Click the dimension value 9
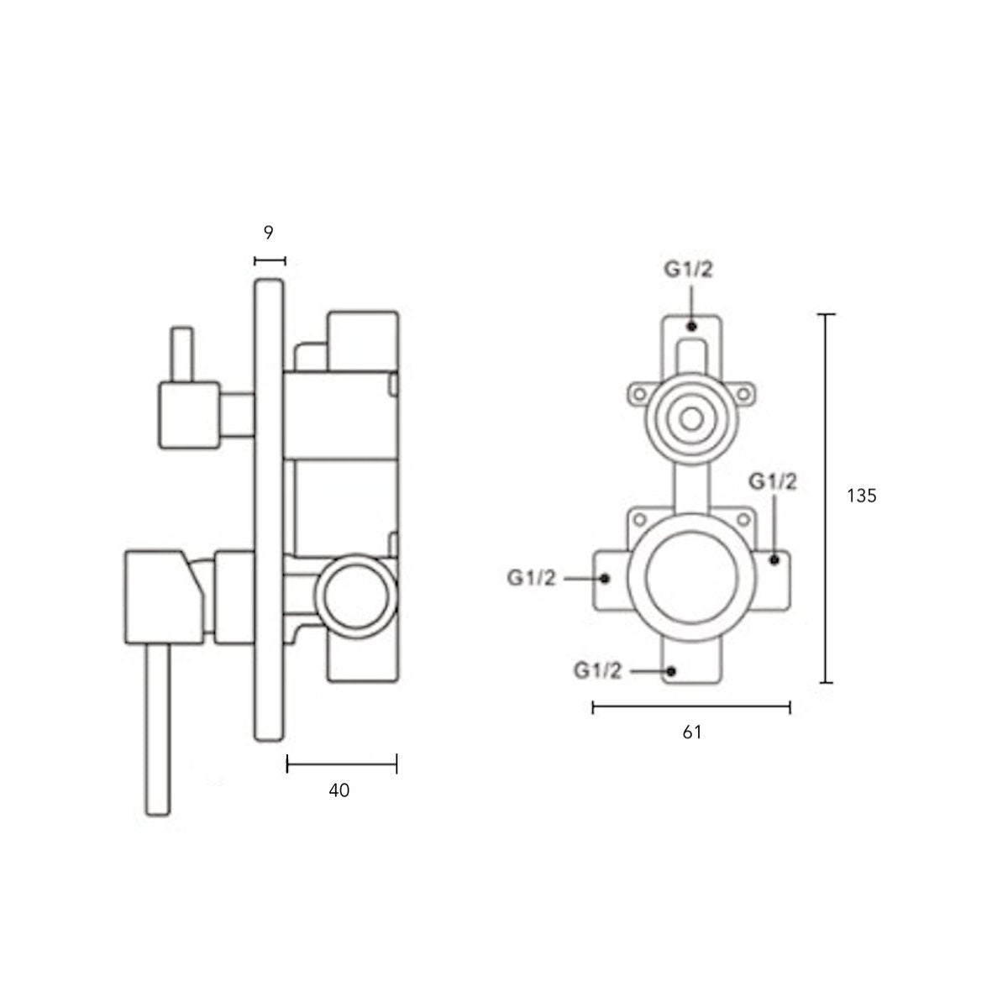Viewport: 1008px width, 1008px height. tap(268, 232)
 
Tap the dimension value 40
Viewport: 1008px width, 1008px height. tap(339, 790)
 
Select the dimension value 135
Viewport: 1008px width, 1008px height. tap(862, 496)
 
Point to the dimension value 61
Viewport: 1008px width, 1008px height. tap(691, 732)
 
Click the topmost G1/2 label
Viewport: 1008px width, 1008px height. tap(689, 270)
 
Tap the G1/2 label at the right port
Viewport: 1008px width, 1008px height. tap(773, 482)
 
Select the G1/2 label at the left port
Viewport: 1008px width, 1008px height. tap(531, 578)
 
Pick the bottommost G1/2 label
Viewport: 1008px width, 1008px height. tap(598, 670)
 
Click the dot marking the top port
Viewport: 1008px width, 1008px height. tap(692, 327)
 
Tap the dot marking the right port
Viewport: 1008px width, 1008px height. tap(774, 560)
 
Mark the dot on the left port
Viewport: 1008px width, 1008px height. tap(605, 579)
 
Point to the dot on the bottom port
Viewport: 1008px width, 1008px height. tap(672, 671)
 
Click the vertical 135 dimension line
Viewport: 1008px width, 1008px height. tap(826, 498)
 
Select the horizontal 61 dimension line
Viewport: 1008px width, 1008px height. tap(691, 708)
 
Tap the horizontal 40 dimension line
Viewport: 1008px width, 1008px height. tap(342, 764)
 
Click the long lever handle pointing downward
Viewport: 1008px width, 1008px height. tap(158, 729)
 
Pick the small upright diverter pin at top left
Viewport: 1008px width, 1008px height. tap(182, 354)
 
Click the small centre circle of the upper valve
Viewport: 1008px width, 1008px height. tap(691, 419)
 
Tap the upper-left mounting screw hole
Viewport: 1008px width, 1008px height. tap(639, 393)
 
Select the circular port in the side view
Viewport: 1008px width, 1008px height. tap(355, 596)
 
